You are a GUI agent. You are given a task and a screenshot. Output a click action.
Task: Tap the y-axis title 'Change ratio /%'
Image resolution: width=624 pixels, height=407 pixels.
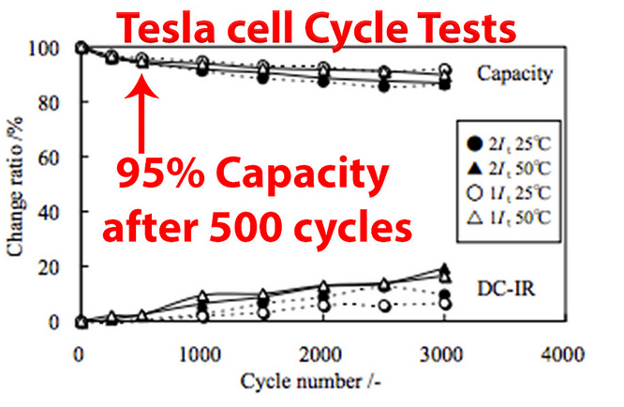(x=15, y=183)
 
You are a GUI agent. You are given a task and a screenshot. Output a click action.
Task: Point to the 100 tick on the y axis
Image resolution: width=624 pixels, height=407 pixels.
(x=46, y=48)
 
